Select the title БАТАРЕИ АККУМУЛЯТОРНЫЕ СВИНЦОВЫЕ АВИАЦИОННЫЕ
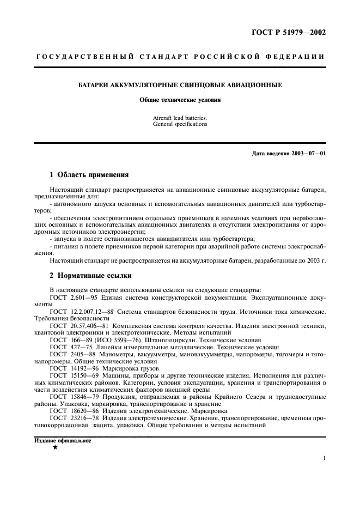(180, 86)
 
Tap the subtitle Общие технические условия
(180, 100)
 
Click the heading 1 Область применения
(89, 175)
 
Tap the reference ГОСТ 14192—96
(71, 368)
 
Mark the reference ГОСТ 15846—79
(71, 396)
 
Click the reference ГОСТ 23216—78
(71, 417)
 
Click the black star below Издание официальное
(55, 447)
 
